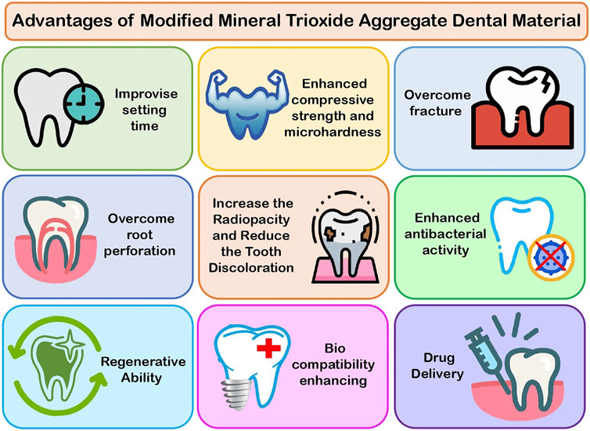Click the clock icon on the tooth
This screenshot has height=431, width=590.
(x=83, y=104)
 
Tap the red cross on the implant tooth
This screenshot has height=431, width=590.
(x=268, y=348)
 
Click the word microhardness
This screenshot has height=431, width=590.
(x=333, y=132)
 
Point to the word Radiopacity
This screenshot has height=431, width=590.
(x=251, y=219)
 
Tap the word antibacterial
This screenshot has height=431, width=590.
(x=445, y=234)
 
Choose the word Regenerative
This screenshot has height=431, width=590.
(x=143, y=362)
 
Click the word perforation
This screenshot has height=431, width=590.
(x=139, y=251)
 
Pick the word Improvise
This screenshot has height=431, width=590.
(x=146, y=94)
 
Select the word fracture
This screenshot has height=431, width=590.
(x=435, y=111)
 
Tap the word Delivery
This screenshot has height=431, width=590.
(x=437, y=374)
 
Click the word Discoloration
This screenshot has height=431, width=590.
(x=251, y=268)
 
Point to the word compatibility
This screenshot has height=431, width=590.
(x=333, y=365)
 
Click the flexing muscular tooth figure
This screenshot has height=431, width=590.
(x=247, y=103)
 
